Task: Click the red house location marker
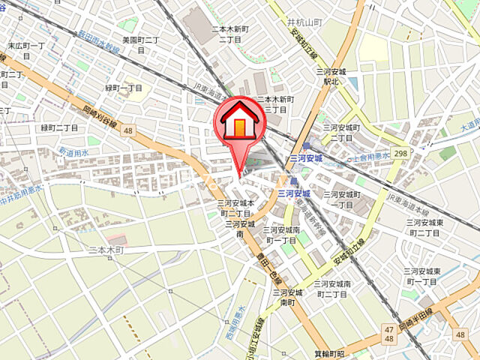point(238,122)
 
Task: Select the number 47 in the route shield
point(388,329)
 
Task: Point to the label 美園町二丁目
point(140,43)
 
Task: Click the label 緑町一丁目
point(124,88)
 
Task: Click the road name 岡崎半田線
point(416,315)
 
